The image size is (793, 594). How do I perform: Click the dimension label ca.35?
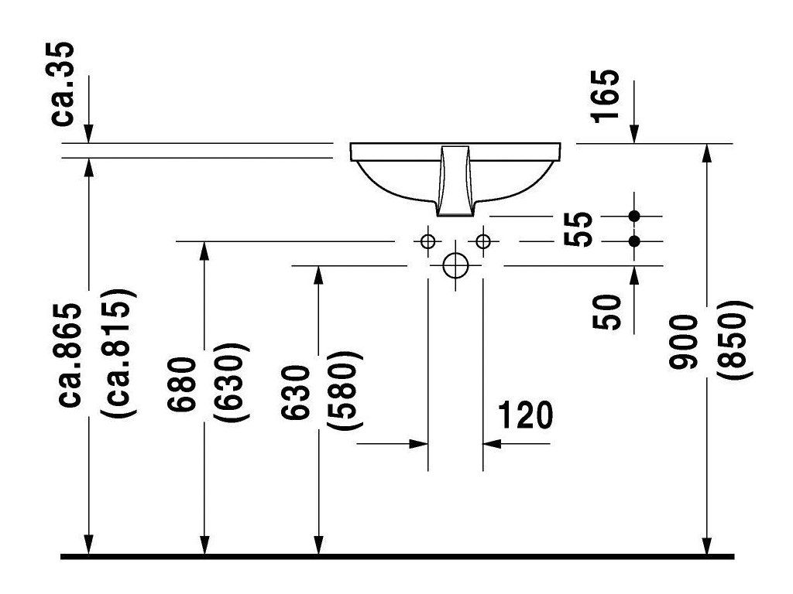click(63, 84)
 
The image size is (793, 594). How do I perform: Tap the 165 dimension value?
click(605, 95)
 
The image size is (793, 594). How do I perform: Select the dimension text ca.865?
click(69, 355)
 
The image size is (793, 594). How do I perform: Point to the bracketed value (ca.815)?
click(118, 354)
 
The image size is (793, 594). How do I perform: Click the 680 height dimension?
click(181, 384)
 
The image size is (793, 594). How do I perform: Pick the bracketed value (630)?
click(231, 382)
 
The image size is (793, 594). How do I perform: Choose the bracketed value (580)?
click(345, 390)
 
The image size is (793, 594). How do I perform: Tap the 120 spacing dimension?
click(526, 415)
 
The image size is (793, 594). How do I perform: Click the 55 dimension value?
click(578, 229)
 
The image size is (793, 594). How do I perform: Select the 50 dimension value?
click(606, 312)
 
